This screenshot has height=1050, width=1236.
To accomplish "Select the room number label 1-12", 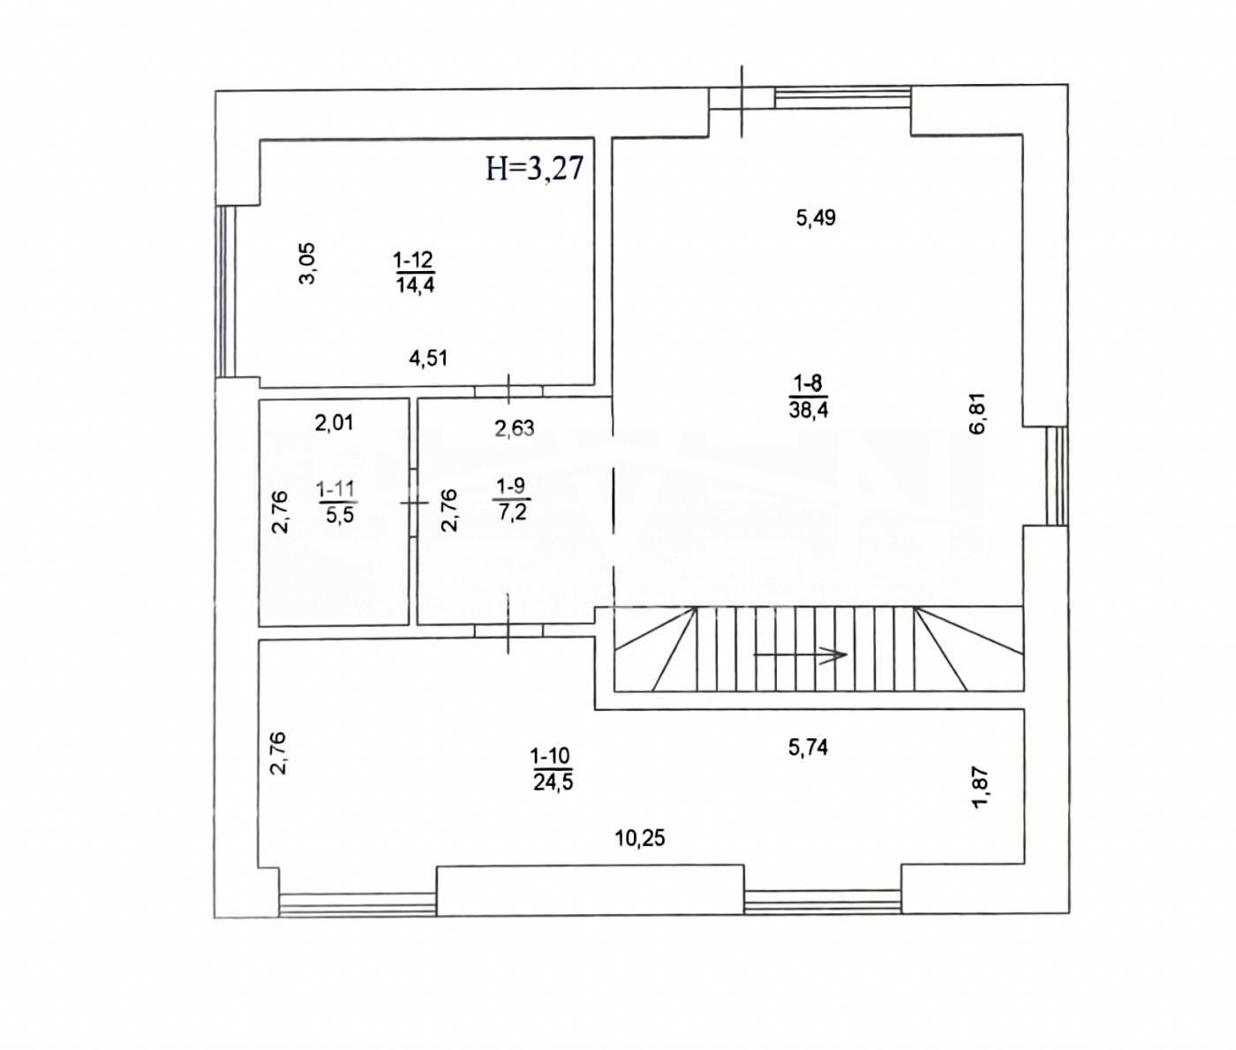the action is (413, 261).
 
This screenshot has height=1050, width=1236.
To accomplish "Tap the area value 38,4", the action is (809, 410).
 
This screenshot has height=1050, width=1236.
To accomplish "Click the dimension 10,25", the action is (640, 838).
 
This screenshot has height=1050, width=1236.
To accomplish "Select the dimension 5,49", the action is (816, 218).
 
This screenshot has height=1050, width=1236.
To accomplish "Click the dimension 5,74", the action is (808, 747).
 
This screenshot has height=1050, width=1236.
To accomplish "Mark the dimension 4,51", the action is (428, 359).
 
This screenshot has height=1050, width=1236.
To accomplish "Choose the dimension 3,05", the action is (308, 263).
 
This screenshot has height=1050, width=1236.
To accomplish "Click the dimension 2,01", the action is (335, 424).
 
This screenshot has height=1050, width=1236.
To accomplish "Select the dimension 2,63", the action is (514, 428).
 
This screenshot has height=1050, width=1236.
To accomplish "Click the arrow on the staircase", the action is (800, 654).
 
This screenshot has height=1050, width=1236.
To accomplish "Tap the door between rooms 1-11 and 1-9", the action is (413, 502).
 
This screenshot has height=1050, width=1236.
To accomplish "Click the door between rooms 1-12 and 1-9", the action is (509, 390).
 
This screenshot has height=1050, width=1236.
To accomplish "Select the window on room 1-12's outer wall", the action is (225, 291).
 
